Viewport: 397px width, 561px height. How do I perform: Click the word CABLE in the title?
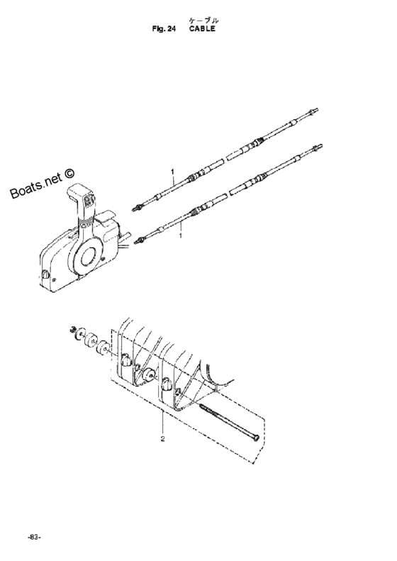point(202,29)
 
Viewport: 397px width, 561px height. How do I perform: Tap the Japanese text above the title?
point(203,20)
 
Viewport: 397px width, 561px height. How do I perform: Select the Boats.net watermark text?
point(43,183)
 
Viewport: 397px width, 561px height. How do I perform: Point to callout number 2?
point(163,439)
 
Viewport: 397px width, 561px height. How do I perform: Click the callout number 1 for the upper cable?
point(172,172)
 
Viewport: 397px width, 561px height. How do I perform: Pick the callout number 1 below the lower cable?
point(181,236)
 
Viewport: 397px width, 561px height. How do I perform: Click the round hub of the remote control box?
point(89,257)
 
